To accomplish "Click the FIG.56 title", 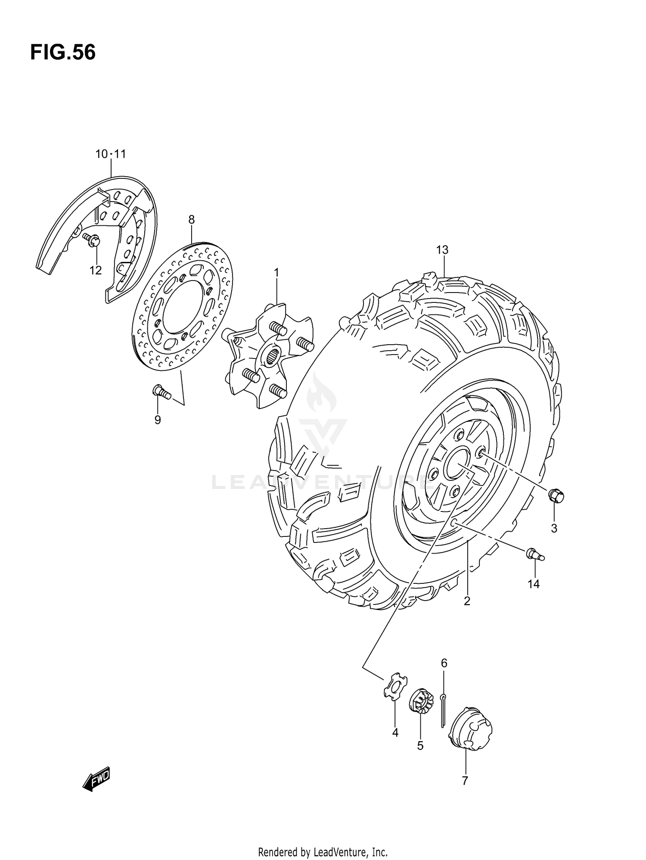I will (63, 53).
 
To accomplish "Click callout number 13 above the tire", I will (442, 250).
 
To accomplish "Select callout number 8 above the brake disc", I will (191, 220).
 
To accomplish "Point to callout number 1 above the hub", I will (276, 272).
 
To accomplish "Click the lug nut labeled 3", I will (556, 496).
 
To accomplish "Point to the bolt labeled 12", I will (93, 240).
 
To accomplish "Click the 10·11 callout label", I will (111, 154).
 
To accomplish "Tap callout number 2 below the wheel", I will (467, 601).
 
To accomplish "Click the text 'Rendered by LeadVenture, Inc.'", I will (323, 840).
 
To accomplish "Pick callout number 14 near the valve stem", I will (533, 584).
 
